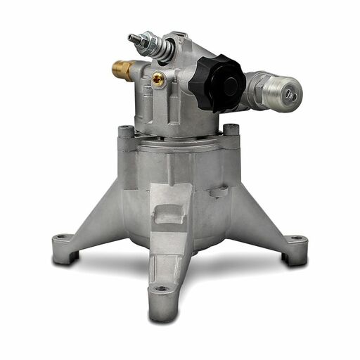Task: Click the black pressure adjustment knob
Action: tap(217, 83)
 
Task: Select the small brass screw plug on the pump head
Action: tap(159, 80)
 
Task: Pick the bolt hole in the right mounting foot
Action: tap(296, 239)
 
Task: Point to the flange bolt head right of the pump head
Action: tap(230, 129)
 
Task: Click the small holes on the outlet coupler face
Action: tap(291, 95)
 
